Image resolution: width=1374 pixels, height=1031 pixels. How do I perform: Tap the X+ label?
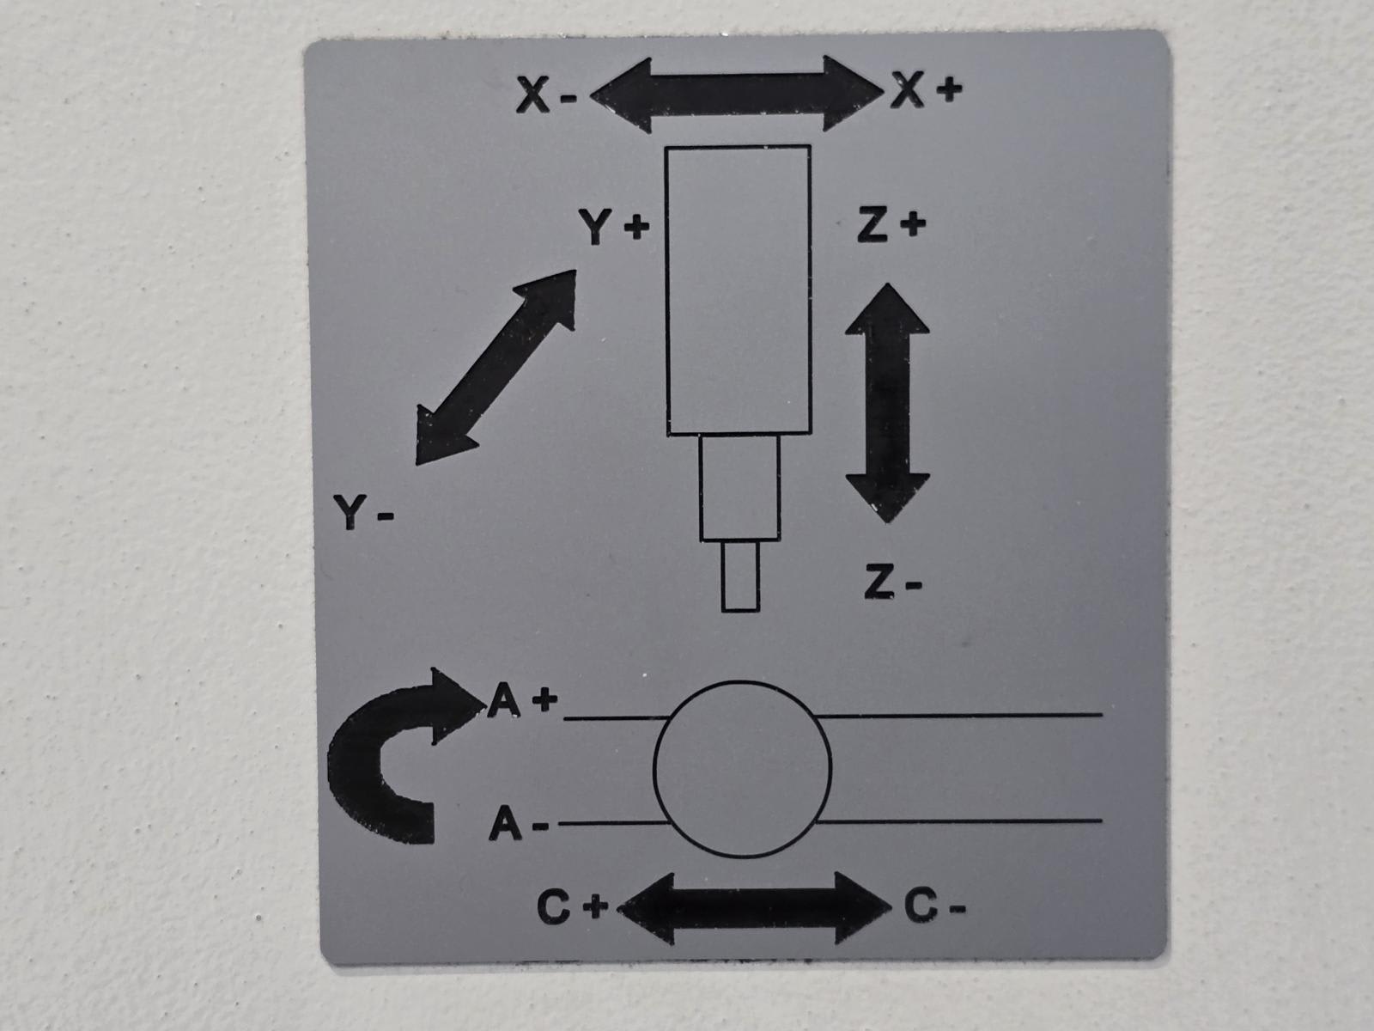pos(926,88)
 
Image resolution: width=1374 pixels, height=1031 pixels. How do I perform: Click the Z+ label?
pos(891,225)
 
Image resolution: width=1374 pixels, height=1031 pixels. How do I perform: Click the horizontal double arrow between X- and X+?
pos(737,94)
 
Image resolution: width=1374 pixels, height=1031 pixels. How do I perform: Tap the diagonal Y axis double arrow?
pos(496,367)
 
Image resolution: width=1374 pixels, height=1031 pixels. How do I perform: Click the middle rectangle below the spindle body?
pos(739,487)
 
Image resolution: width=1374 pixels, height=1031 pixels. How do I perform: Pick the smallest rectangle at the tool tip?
pos(740,576)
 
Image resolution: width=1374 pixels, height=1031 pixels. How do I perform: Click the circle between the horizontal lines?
pos(742,768)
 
